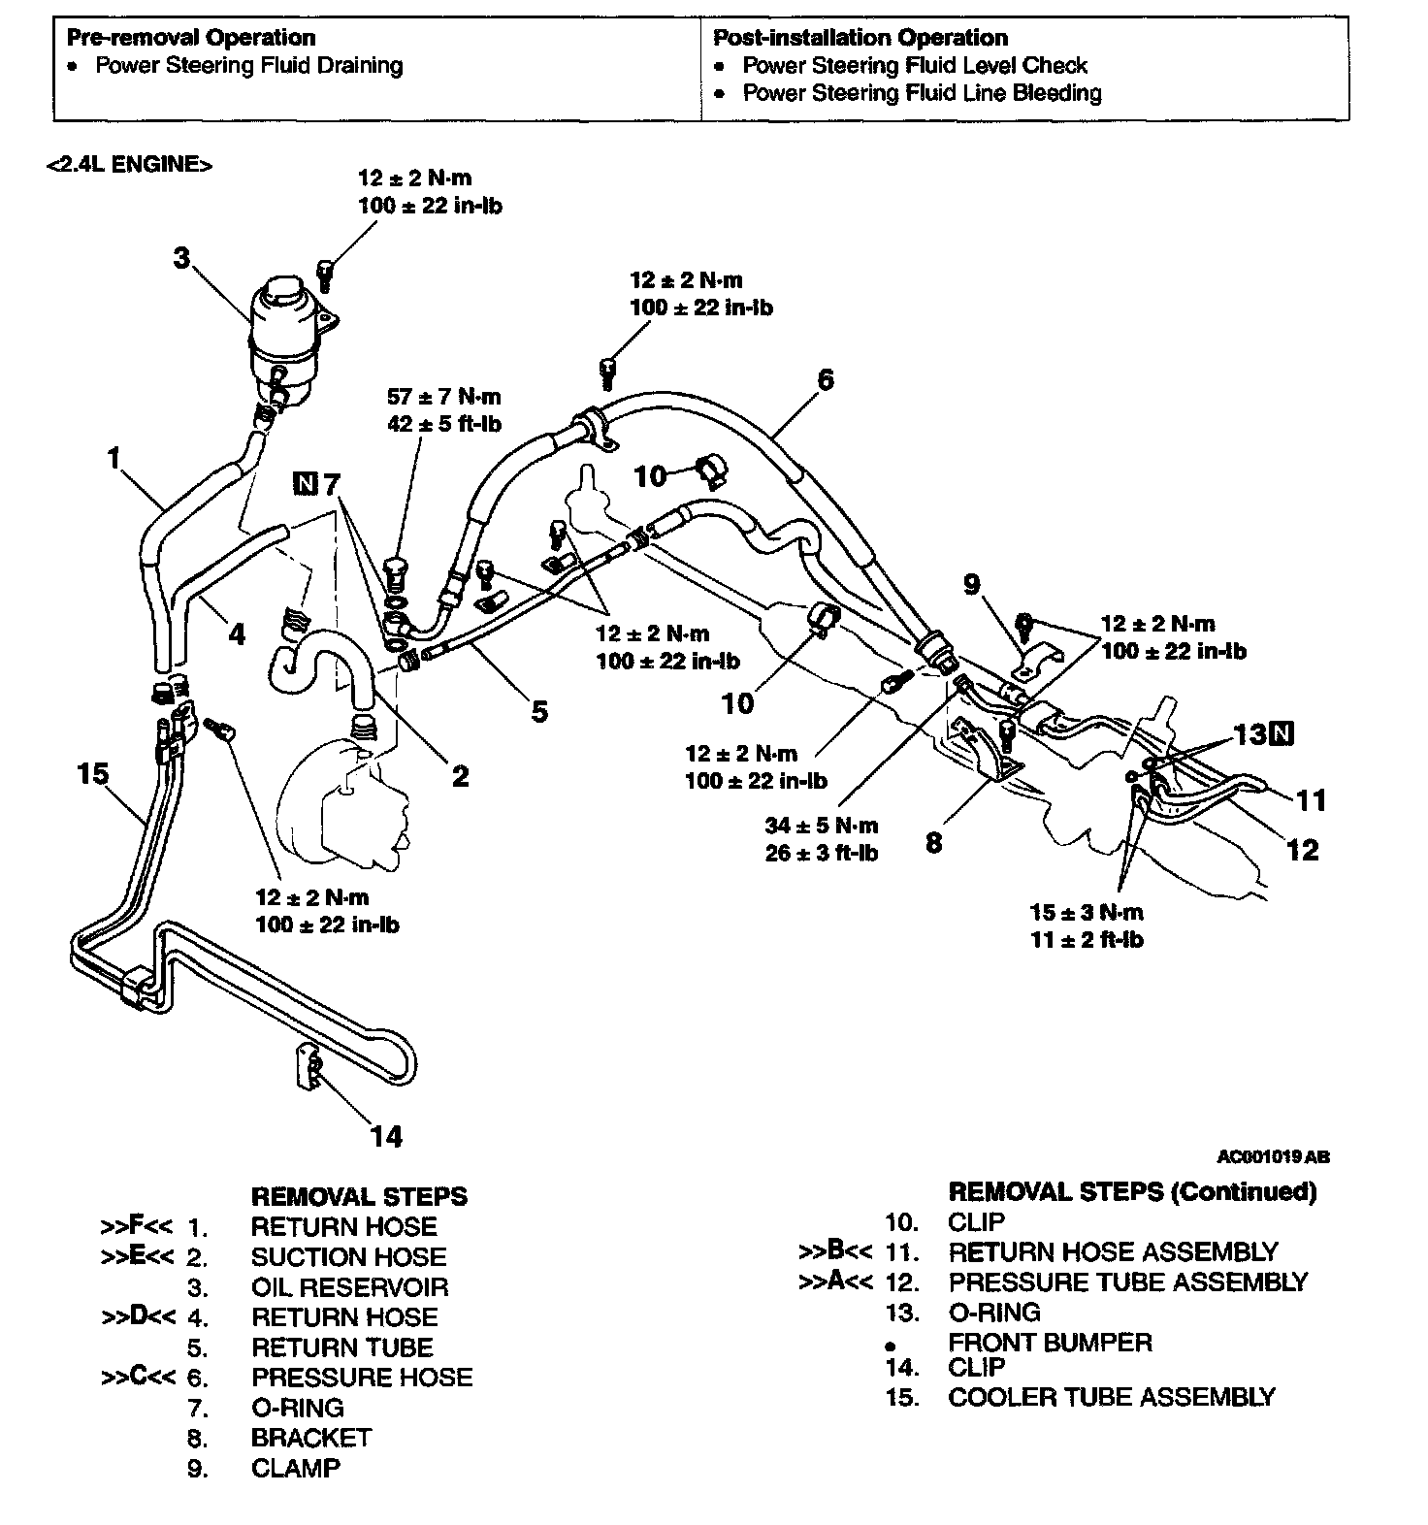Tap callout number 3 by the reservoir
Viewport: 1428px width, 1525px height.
[181, 258]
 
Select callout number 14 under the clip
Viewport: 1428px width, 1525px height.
[386, 1136]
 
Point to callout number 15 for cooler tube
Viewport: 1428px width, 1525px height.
[93, 774]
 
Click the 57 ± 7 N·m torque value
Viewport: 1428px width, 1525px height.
[444, 397]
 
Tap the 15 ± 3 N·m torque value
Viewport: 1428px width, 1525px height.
[1086, 912]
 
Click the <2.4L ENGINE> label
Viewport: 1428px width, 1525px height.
[128, 164]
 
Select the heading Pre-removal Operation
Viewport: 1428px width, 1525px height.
[190, 38]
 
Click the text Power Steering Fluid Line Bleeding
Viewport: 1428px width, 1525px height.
[922, 93]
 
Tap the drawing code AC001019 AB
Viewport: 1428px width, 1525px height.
[1273, 1156]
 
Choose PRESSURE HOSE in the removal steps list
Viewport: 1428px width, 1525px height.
[362, 1378]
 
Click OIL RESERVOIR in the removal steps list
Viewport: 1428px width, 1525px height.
[349, 1287]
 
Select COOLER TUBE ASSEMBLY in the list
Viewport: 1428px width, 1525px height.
[1111, 1397]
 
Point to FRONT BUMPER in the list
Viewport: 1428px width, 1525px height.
[1050, 1343]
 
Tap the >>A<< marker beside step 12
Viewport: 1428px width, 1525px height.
[834, 1282]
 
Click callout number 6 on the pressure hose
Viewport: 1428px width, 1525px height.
[825, 379]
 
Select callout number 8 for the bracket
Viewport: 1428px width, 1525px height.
[933, 842]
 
